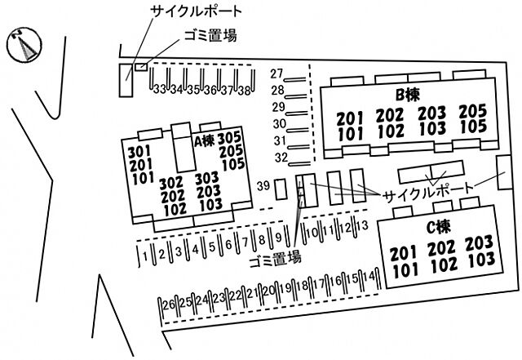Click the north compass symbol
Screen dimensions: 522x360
click(24, 45)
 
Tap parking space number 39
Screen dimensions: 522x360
click(263, 185)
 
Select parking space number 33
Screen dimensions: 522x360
click(160, 89)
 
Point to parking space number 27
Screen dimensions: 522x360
click(276, 73)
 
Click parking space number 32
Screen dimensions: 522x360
click(281, 158)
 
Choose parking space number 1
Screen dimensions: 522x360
click(145, 256)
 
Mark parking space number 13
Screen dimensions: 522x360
click(362, 225)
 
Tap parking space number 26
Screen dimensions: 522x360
click(169, 304)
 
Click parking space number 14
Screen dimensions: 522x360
click(369, 277)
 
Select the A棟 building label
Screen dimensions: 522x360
click(204, 141)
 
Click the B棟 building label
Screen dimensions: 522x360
click(408, 95)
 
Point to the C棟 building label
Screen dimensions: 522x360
click(439, 228)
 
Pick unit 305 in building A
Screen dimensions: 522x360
click(229, 138)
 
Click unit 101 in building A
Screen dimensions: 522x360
click(144, 178)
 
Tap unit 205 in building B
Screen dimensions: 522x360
click(473, 111)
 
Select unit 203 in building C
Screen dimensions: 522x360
click(479, 242)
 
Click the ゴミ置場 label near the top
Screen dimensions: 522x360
click(210, 35)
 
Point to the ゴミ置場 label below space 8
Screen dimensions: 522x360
click(276, 258)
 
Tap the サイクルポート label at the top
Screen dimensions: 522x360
click(197, 11)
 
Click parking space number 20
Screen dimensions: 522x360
click(269, 291)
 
